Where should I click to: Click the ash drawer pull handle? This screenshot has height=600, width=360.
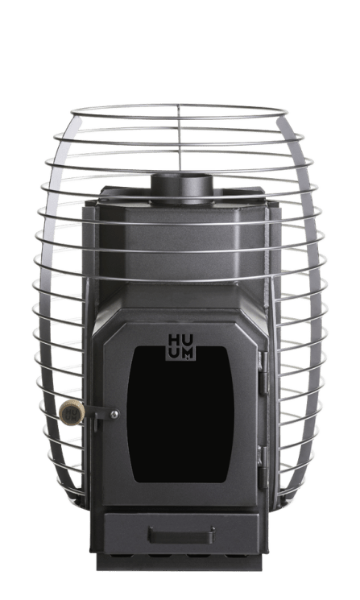click(x=180, y=532)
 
